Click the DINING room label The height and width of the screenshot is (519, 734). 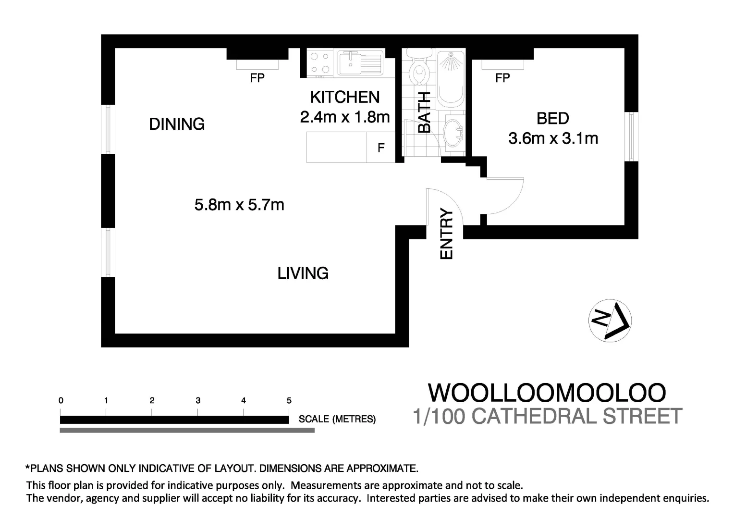(x=177, y=124)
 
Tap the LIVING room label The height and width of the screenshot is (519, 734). (x=303, y=273)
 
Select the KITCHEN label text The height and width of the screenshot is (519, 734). (x=344, y=97)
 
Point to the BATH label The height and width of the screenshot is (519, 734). (x=424, y=112)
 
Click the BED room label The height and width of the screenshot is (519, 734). (x=552, y=118)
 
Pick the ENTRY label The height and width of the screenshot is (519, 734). (x=447, y=234)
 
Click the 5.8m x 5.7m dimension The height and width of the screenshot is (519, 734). (x=239, y=205)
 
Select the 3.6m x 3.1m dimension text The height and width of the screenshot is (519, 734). (x=553, y=139)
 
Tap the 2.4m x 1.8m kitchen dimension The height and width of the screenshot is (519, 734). (x=344, y=117)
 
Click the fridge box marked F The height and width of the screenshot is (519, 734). (x=381, y=148)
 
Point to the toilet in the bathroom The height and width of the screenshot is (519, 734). (x=418, y=72)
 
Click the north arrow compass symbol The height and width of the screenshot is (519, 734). (x=610, y=321)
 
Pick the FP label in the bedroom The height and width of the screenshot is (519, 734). (x=502, y=78)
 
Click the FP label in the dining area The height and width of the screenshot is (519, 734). (x=257, y=78)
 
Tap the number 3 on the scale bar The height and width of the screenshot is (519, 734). (x=198, y=400)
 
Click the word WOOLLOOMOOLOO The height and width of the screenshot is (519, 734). (x=547, y=393)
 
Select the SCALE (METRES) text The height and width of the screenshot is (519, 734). (x=337, y=419)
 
